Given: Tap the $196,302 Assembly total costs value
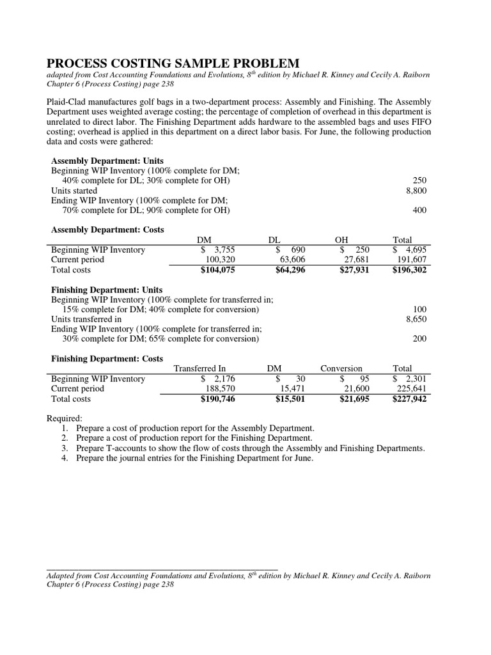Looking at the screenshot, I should pos(409,270).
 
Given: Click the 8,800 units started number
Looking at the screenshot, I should pos(416,191).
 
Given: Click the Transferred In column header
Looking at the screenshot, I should pos(200,368).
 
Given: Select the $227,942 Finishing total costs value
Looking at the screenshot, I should pos(409,399).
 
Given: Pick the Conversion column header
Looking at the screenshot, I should pos(341,368).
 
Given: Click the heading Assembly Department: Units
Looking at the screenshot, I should pos(107,161).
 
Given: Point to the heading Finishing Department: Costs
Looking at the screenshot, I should pos(107,358).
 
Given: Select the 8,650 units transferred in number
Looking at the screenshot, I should pos(416,319).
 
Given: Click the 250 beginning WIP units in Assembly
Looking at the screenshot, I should pos(420,180).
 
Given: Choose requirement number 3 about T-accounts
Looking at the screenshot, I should pos(249,448).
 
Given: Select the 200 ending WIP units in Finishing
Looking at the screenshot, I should pos(420,339).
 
